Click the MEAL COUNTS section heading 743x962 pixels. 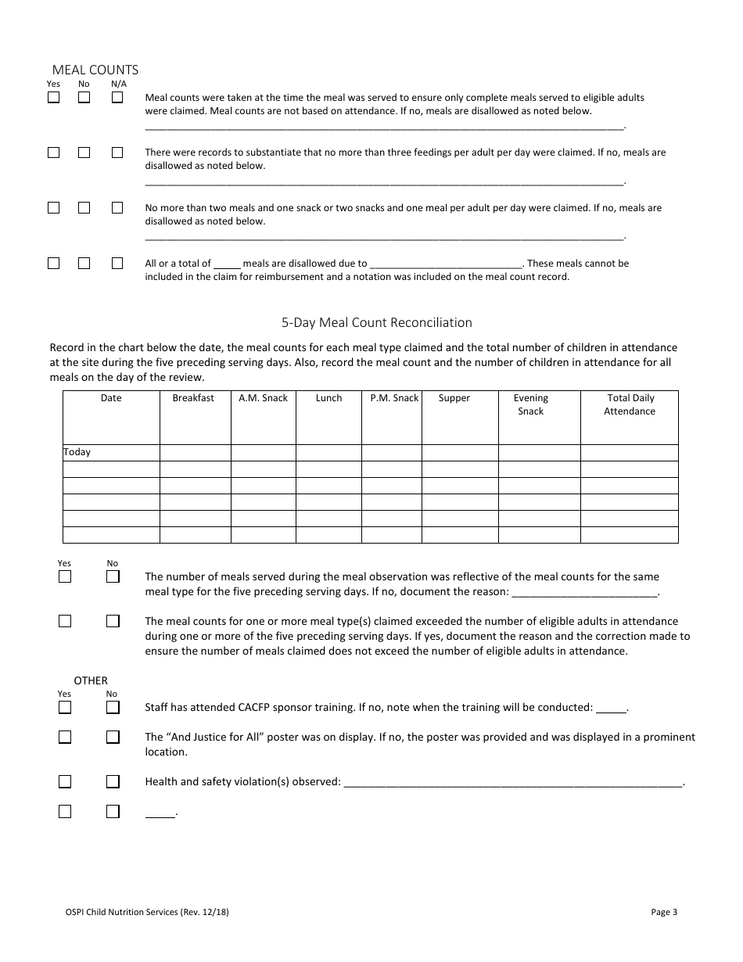coord(95,70)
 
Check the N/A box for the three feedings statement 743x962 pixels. coord(117,153)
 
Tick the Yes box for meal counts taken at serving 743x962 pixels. coord(53,98)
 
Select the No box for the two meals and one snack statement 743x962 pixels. coord(84,208)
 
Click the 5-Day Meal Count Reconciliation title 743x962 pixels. coord(377,322)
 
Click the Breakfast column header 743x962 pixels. coord(193,398)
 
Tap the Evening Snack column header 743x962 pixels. coord(530,404)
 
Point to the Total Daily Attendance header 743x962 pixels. coord(630,404)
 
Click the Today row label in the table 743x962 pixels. coord(77,452)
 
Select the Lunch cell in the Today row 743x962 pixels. coord(328,453)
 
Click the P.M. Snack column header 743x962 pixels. coord(394,398)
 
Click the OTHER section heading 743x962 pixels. coord(91,680)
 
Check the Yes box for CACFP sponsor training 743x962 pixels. coord(65,707)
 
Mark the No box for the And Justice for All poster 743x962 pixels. coord(113,737)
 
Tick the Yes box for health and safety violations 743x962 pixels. coord(65,781)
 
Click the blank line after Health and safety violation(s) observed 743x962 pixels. coord(512,782)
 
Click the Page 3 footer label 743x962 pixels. coord(663,911)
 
